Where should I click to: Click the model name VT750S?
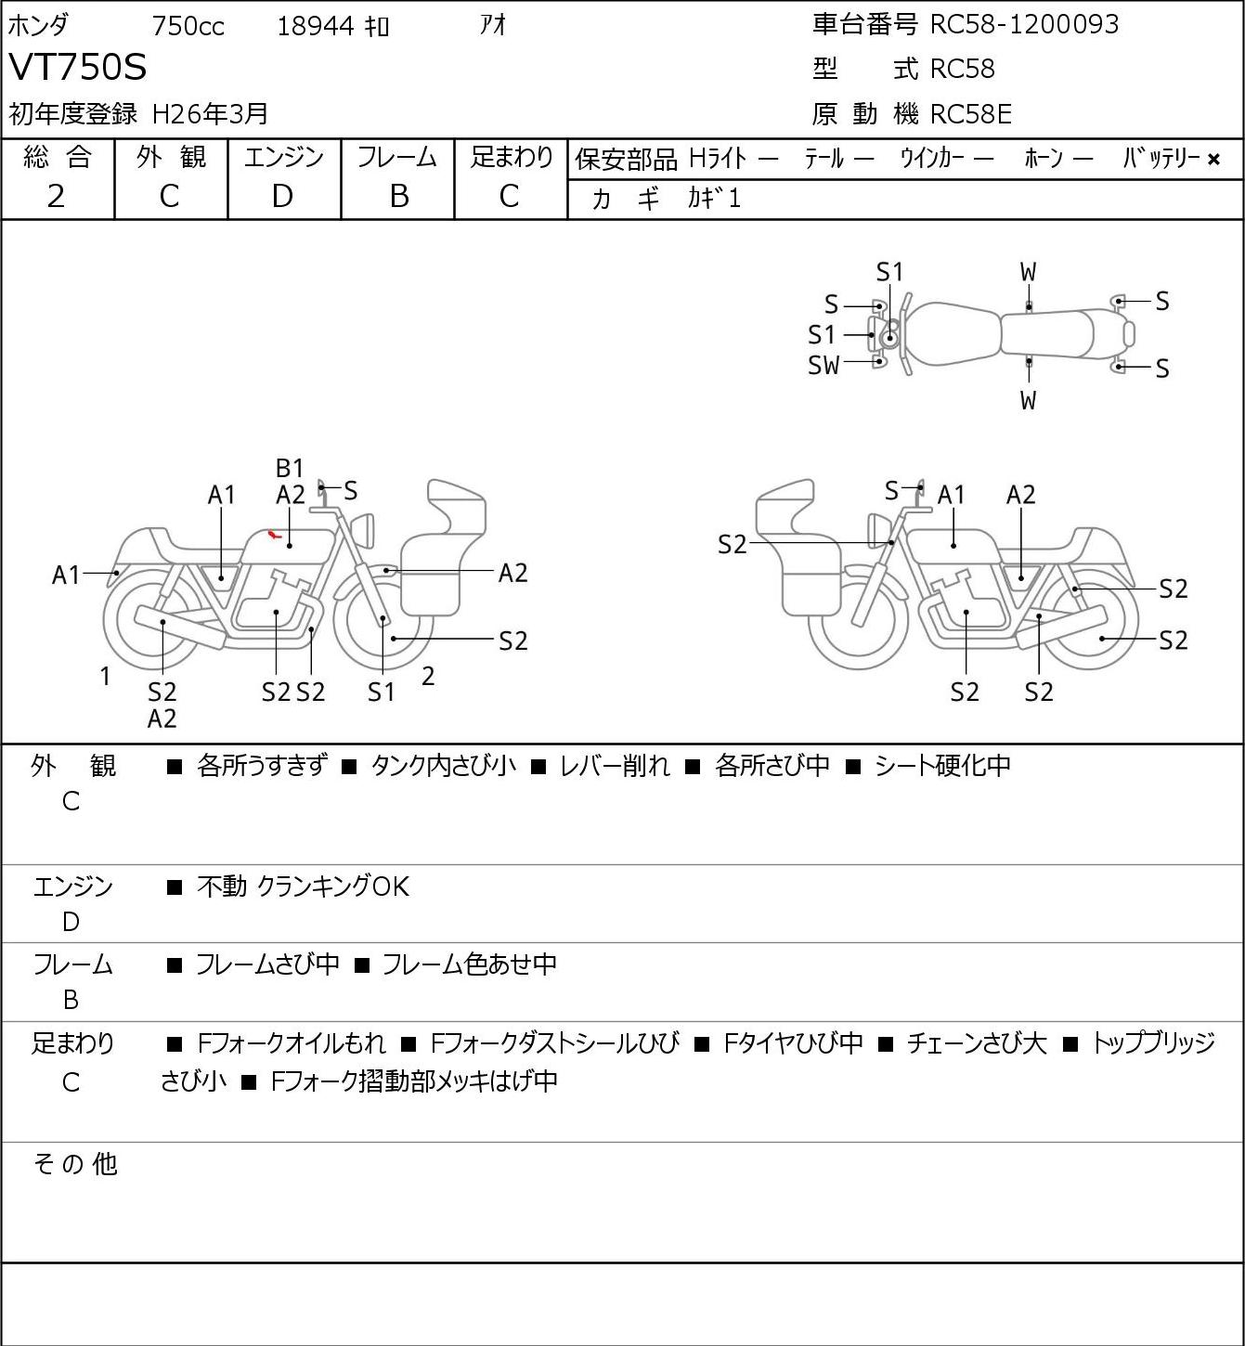coord(78,68)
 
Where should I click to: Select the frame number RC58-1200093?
coord(1024,24)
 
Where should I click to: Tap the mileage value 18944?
coord(316,26)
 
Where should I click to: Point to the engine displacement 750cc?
coord(188,26)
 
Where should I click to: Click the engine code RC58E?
coord(970,114)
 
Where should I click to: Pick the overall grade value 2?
coord(57,196)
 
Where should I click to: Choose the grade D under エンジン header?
coord(282,196)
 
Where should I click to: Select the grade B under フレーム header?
coord(398,196)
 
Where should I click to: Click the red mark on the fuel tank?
coord(273,534)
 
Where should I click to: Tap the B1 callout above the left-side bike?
coord(290,468)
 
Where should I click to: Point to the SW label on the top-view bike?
coord(824,366)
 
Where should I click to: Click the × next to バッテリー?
coord(1213,160)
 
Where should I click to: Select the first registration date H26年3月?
coord(210,114)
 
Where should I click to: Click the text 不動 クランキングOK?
coord(303,887)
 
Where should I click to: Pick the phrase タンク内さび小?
coord(442,766)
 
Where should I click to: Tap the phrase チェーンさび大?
coord(976,1043)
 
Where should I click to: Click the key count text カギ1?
coord(714,199)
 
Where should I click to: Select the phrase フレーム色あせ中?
coord(469,964)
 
